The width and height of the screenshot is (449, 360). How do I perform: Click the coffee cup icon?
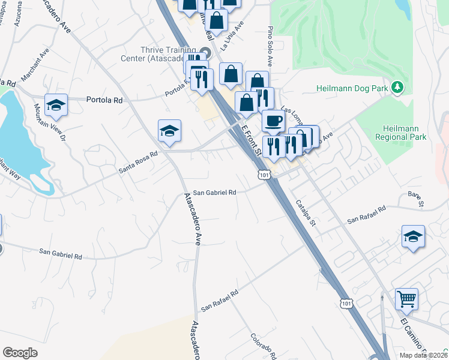click(x=273, y=121)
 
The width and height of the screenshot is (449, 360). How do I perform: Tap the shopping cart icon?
click(x=406, y=298)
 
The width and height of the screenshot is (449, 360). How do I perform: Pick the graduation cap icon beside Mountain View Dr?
click(x=56, y=105)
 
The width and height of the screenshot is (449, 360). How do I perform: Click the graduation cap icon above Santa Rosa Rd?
click(x=170, y=131)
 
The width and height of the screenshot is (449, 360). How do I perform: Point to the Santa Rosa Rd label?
click(x=137, y=163)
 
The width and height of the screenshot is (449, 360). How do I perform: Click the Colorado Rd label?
click(x=263, y=343)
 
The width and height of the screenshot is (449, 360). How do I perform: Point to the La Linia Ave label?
click(x=232, y=36)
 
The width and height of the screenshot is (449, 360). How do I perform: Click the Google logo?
click(x=20, y=352)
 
